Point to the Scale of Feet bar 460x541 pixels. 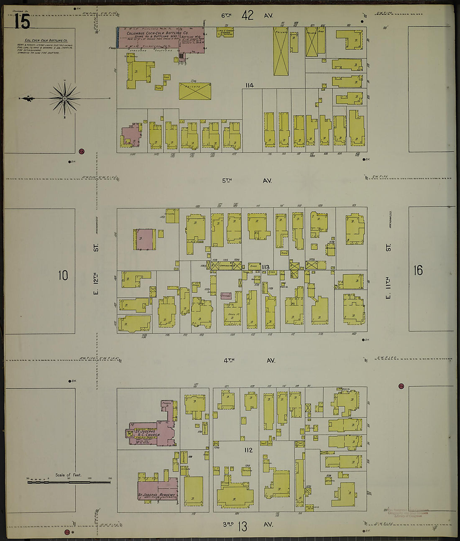point(69,482)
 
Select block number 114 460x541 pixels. point(249,86)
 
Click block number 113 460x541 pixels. point(265,267)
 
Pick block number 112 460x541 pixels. point(248,450)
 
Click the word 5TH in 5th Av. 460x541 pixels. point(227,181)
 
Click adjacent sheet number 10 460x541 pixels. point(63,276)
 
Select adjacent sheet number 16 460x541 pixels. point(418,270)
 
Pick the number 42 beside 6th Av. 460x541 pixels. point(248,15)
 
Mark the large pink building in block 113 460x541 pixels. point(144,239)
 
